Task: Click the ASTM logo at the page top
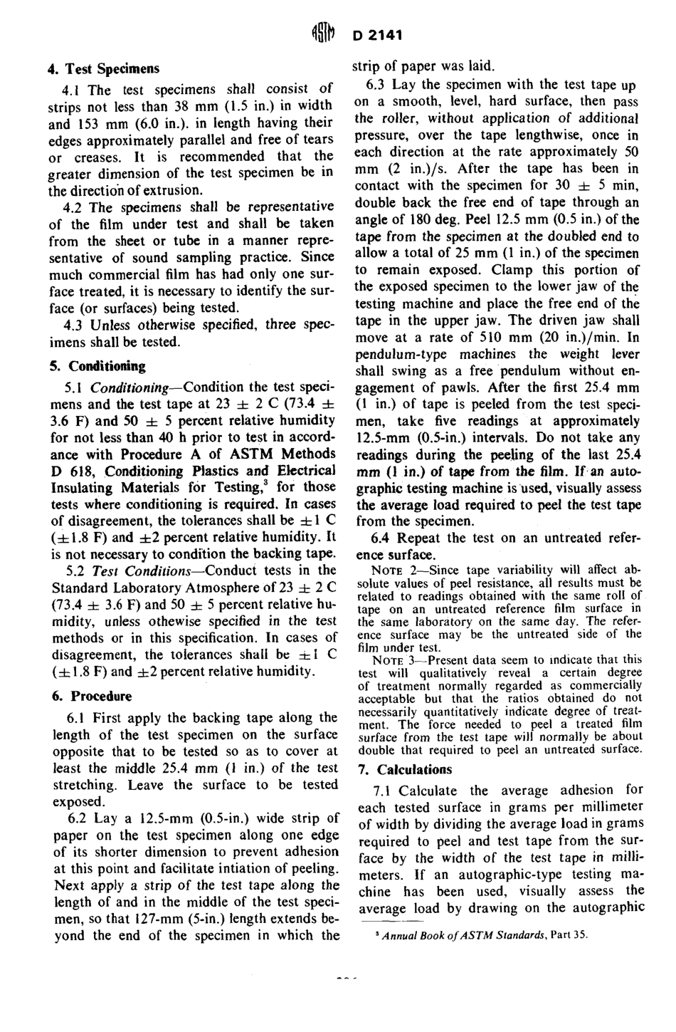pyautogui.click(x=322, y=34)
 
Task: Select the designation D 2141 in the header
pyautogui.click(x=377, y=35)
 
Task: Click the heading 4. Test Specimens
pyautogui.click(x=103, y=69)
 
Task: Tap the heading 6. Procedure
pyautogui.click(x=90, y=696)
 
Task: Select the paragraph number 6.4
pyautogui.click(x=382, y=538)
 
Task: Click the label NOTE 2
pyautogui.click(x=391, y=570)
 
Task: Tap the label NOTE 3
pyautogui.click(x=391, y=660)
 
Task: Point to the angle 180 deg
pyautogui.click(x=418, y=219)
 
